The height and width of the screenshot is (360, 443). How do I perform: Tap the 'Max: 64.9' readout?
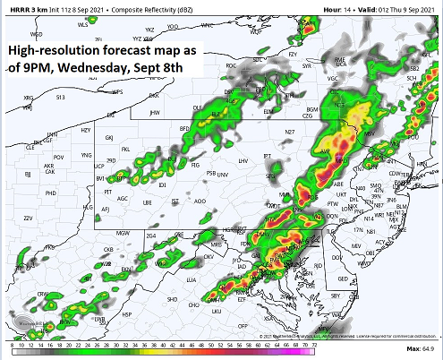coord(418,346)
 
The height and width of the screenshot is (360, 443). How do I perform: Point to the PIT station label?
coord(107,192)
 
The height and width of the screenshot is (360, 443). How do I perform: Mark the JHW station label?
coord(154,113)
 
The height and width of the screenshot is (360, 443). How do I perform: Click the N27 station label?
coord(289,133)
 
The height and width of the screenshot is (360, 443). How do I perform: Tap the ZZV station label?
coord(28,218)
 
